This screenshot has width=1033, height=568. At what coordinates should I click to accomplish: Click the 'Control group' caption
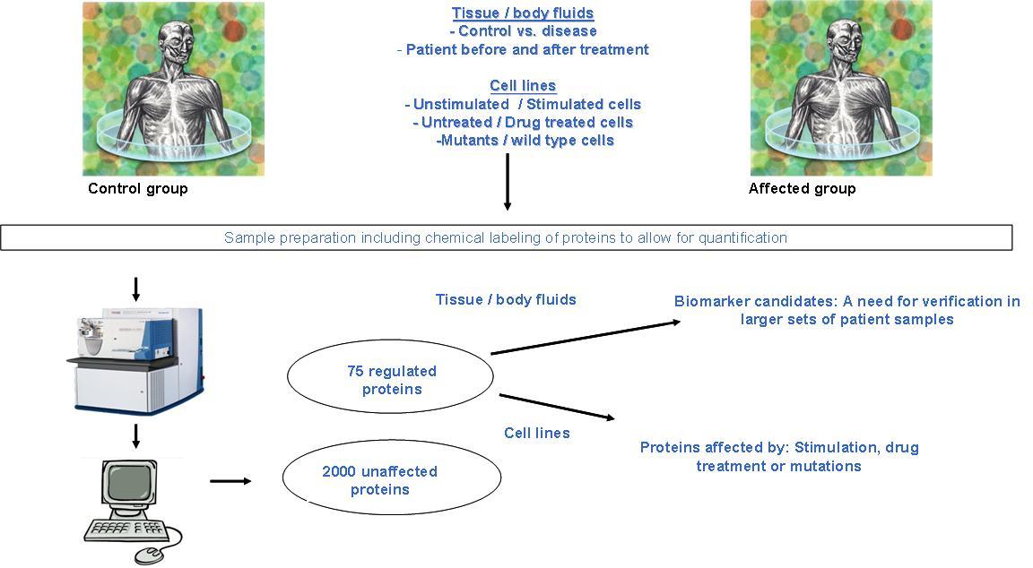click(138, 189)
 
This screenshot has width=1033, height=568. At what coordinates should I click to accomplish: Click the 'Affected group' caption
click(802, 189)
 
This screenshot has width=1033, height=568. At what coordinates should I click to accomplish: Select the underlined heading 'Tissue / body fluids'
click(523, 13)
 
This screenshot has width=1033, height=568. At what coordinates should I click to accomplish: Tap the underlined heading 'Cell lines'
click(523, 86)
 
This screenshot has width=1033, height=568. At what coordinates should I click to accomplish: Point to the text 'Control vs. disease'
click(527, 31)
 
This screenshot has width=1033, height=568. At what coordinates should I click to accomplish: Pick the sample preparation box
click(506, 237)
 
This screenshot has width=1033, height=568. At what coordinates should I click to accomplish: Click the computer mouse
click(152, 555)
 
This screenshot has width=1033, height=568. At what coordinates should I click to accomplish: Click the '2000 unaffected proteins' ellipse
click(391, 478)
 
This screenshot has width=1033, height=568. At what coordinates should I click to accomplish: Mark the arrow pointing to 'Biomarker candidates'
click(586, 338)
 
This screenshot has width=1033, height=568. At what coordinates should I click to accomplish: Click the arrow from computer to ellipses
click(230, 481)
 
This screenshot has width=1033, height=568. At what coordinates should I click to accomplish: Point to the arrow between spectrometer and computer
click(135, 435)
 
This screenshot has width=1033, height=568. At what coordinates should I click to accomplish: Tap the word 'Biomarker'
click(711, 301)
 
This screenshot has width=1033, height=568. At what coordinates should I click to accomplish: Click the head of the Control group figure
click(174, 39)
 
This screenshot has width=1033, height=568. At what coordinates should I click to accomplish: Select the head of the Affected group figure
click(842, 39)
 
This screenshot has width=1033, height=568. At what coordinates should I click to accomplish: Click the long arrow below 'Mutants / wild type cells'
click(508, 182)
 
